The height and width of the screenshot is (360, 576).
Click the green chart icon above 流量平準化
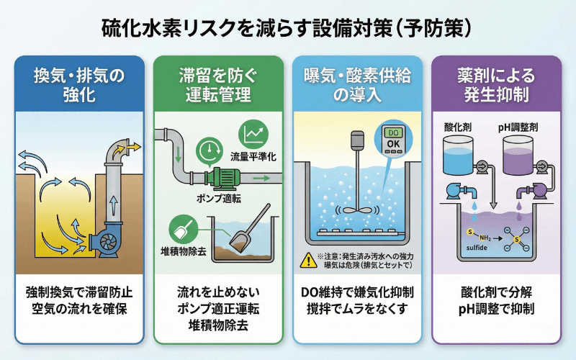tap(253, 132)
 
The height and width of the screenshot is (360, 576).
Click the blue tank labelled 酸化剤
tap(461, 156)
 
